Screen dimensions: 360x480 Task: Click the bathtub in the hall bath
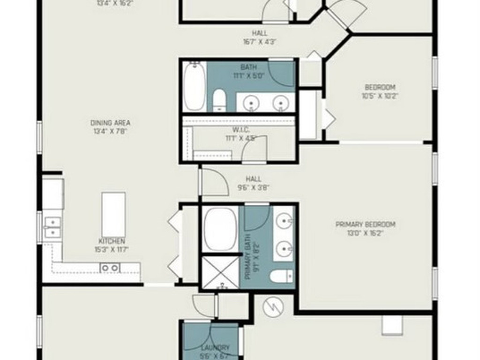[194, 88]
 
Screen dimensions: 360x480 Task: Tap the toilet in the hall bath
[219, 100]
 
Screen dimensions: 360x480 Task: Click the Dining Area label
[111, 127]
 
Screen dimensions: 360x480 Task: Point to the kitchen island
[113, 215]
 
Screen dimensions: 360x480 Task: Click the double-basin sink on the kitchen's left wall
[52, 227]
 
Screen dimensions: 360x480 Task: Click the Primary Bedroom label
[366, 229]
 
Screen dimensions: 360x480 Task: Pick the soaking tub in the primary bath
[220, 230]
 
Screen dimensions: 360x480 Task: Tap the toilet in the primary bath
[281, 276]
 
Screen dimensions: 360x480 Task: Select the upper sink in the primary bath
[284, 220]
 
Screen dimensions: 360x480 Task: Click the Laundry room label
[216, 351]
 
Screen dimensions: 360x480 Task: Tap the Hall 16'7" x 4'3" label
[259, 37]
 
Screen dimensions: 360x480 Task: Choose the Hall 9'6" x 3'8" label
[254, 183]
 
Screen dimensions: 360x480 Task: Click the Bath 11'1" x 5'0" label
[248, 71]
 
